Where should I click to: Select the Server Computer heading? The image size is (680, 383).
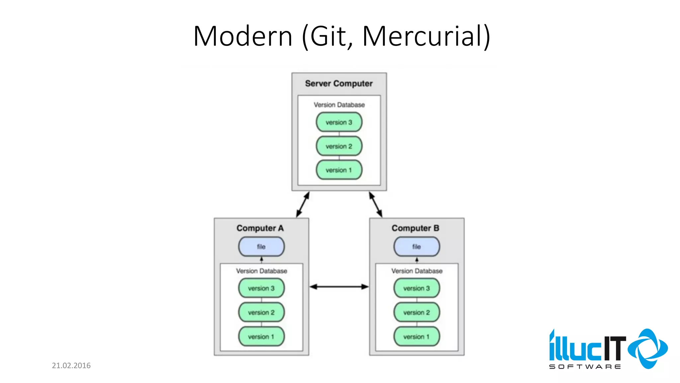pyautogui.click(x=339, y=83)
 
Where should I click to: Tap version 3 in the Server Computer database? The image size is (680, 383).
pyautogui.click(x=339, y=122)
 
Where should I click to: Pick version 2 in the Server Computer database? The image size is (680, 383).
pyautogui.click(x=339, y=146)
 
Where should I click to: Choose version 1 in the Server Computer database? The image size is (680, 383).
pyautogui.click(x=339, y=170)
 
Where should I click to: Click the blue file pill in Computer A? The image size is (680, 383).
pyautogui.click(x=261, y=247)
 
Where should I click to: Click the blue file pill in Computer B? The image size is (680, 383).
pyautogui.click(x=416, y=247)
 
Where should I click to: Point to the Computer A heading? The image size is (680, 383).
pyautogui.click(x=260, y=228)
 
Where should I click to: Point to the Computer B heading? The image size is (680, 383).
pyautogui.click(x=415, y=228)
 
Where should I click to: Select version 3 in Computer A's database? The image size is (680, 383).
pyautogui.click(x=261, y=288)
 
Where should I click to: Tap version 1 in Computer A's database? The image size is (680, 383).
pyautogui.click(x=261, y=337)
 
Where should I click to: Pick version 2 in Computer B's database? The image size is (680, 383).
pyautogui.click(x=416, y=313)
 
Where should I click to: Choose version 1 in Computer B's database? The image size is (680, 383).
pyautogui.click(x=416, y=337)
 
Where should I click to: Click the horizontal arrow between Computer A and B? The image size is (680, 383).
pyautogui.click(x=339, y=287)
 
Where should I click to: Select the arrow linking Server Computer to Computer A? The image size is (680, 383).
pyautogui.click(x=303, y=204)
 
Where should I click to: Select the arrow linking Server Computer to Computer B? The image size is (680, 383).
pyautogui.click(x=376, y=204)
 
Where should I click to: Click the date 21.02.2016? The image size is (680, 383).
pyautogui.click(x=71, y=366)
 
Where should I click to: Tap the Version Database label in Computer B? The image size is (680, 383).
pyautogui.click(x=417, y=271)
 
